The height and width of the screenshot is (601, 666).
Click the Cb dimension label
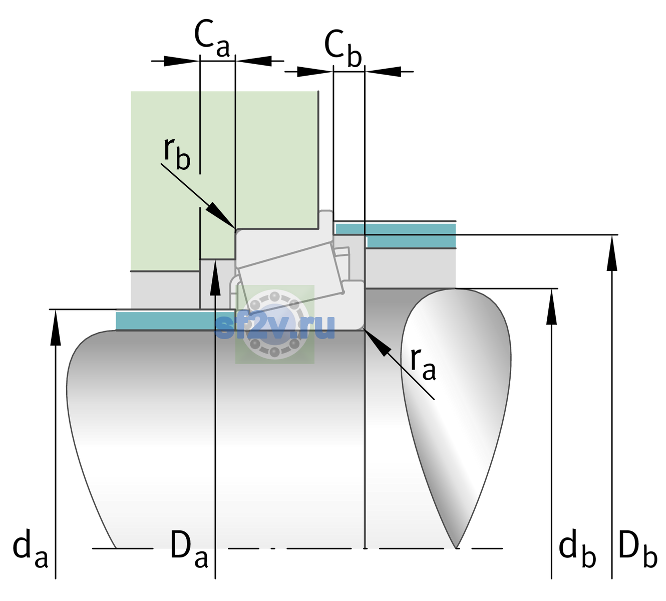point(343,48)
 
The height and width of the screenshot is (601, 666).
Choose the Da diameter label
point(189,548)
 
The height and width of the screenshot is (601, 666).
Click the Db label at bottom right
point(638,548)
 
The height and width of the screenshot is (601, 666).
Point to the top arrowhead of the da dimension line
point(56,328)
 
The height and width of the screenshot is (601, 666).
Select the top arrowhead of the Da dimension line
point(215,277)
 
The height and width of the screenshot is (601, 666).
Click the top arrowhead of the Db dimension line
point(612,253)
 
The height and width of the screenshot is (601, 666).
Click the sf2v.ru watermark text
point(275,327)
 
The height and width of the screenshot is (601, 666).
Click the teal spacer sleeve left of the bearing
point(175,320)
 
